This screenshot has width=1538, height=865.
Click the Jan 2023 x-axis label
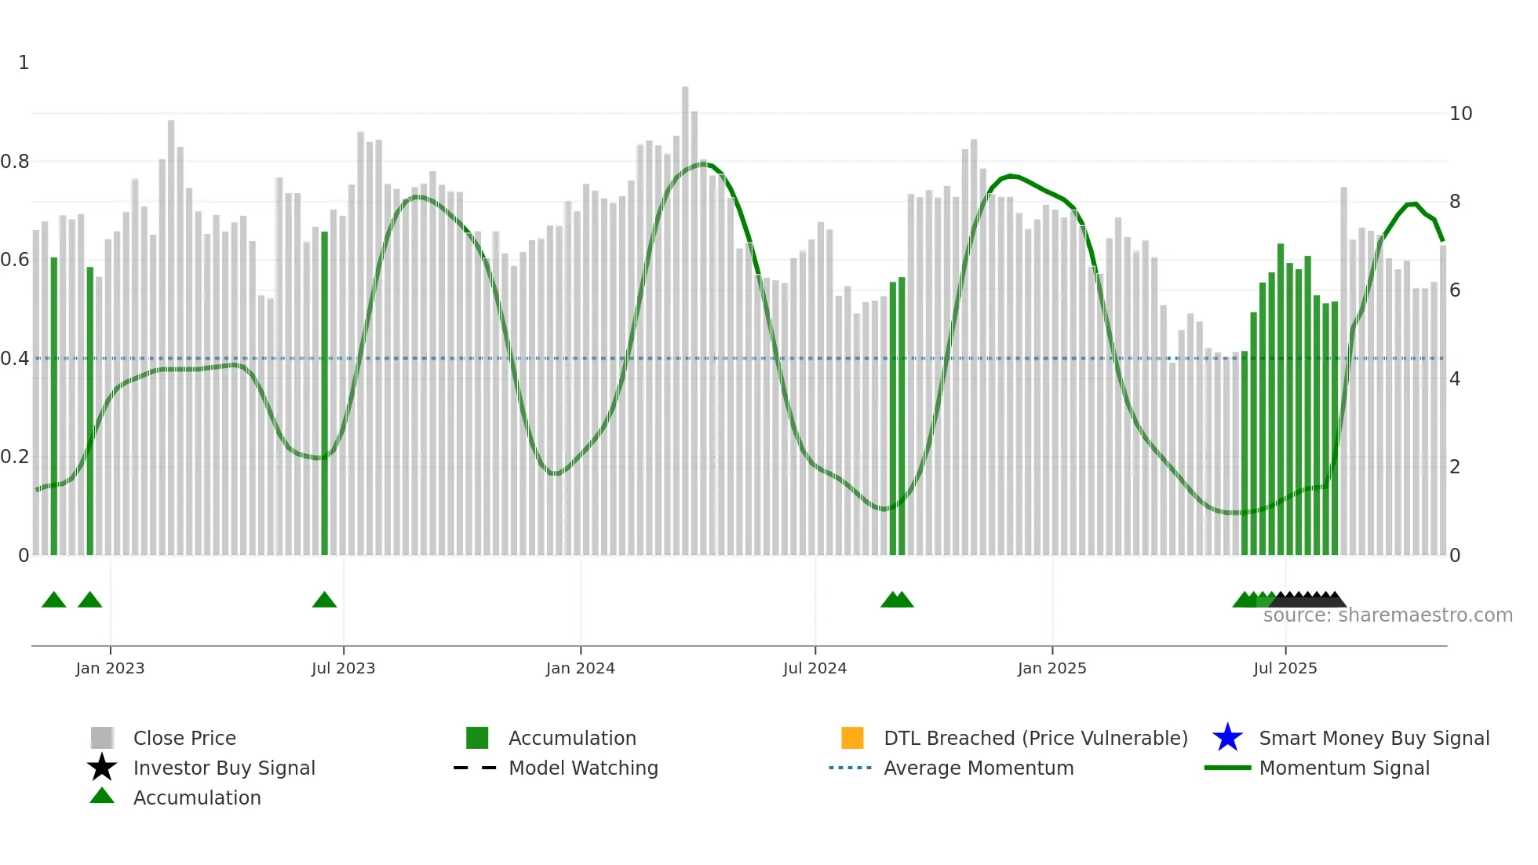click(x=110, y=668)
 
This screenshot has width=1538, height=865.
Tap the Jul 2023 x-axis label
click(x=343, y=668)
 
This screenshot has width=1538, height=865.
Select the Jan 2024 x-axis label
click(x=580, y=668)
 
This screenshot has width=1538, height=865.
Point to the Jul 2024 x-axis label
click(x=815, y=668)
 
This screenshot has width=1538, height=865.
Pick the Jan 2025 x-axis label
click(x=1051, y=668)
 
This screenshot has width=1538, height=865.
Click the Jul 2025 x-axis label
click(x=1285, y=668)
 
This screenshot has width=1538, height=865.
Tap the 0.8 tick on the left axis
click(x=15, y=162)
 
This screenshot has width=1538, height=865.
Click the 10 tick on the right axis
click(x=1460, y=114)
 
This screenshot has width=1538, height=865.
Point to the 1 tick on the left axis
click(x=24, y=63)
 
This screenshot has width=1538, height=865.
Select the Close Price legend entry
click(x=184, y=738)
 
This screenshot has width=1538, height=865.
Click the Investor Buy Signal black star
click(x=102, y=768)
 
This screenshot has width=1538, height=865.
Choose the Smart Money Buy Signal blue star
click(x=1227, y=738)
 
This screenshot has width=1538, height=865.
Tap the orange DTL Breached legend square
click(x=852, y=738)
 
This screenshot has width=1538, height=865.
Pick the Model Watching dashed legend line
click(x=475, y=768)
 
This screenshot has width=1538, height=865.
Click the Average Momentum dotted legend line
click(x=850, y=768)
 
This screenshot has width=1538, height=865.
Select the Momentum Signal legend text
click(x=1344, y=768)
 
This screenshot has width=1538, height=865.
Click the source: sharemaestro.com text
click(x=1387, y=615)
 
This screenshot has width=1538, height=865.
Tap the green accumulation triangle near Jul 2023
click(x=324, y=600)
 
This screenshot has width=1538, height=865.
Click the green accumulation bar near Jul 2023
click(x=324, y=392)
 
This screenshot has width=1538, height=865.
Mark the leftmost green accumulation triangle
click(x=53, y=600)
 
